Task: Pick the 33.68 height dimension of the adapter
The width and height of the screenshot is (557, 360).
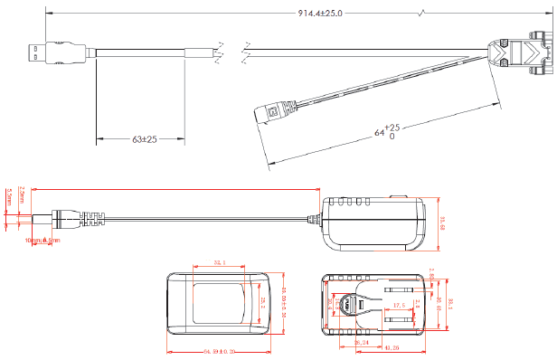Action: [442, 222]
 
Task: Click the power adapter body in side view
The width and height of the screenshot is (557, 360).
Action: [373, 222]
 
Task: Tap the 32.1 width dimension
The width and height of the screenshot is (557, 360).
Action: [219, 262]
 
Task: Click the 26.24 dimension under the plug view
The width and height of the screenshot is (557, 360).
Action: [362, 343]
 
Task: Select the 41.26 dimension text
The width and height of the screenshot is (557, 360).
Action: [392, 347]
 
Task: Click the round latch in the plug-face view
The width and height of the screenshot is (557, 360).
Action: [345, 306]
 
